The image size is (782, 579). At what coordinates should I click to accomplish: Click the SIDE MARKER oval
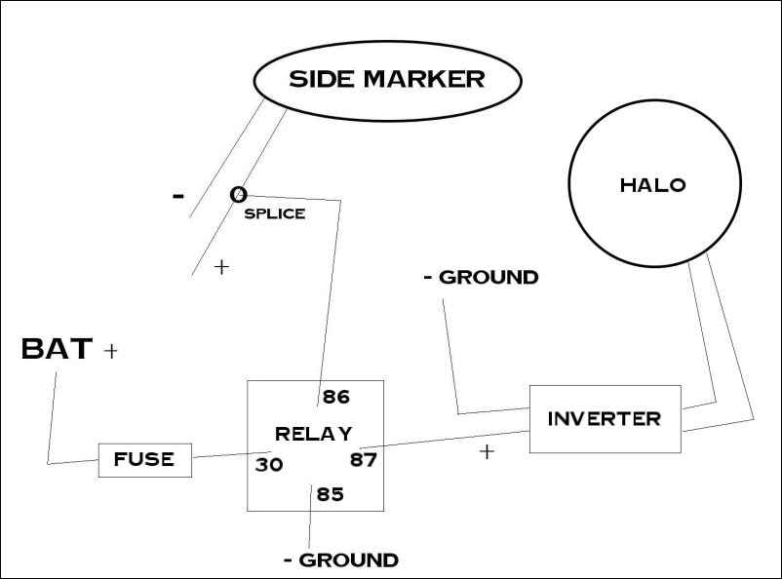pos(386,80)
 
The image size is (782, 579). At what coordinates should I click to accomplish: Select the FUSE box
pos(145,459)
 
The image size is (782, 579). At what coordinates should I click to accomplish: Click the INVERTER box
pos(605,419)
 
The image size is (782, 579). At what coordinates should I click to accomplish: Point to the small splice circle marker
pos(237,195)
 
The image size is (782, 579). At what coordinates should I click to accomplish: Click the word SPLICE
pos(274,214)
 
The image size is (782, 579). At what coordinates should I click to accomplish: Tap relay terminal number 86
pos(335,397)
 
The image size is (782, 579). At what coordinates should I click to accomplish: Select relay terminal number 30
pos(269,465)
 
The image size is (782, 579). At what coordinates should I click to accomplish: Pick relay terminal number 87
pos(363,458)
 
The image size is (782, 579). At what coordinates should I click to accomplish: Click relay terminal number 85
pos(331,494)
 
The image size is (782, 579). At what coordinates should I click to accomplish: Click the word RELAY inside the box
pos(313,434)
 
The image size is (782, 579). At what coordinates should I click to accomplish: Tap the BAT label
pos(57,349)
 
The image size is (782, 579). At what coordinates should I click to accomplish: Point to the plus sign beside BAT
pos(110,351)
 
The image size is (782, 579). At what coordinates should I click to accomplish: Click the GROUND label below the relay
pos(341,560)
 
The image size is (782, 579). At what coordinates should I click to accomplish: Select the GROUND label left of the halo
pos(481,277)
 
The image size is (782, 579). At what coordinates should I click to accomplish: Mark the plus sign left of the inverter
pos(487,452)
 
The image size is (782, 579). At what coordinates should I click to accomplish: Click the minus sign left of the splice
pos(177,195)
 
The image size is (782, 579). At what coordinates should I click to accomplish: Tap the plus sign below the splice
pos(221,266)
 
